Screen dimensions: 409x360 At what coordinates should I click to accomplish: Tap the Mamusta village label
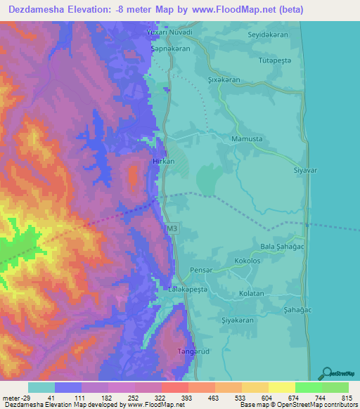point(247,139)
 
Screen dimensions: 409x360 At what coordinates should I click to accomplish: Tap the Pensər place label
point(200,268)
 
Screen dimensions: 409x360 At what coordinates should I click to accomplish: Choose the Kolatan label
point(251,293)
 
